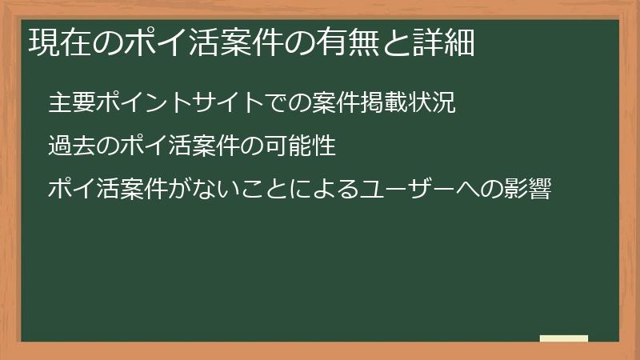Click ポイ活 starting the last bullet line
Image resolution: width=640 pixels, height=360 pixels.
[79, 190]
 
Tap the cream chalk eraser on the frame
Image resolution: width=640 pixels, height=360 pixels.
[564, 338]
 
